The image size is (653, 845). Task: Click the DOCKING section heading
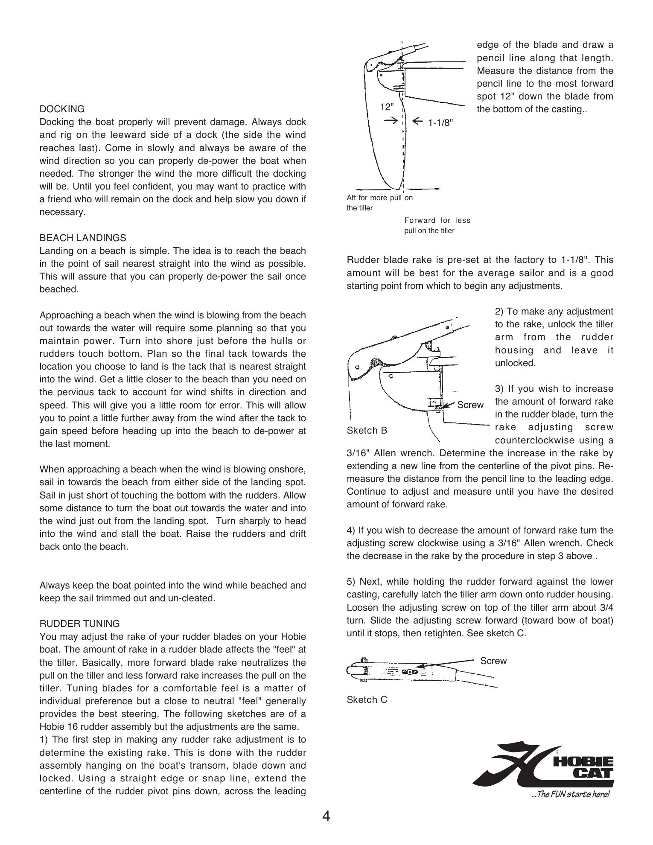click(62, 109)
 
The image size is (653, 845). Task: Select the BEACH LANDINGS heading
click(83, 238)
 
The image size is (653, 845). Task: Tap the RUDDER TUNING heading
click(80, 624)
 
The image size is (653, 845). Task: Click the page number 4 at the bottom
click(326, 816)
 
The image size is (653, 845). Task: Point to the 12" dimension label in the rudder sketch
click(387, 107)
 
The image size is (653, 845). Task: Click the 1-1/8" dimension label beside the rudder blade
click(440, 123)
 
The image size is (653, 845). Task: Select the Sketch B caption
click(367, 430)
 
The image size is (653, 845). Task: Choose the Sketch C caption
click(367, 699)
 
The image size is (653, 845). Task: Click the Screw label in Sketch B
click(470, 405)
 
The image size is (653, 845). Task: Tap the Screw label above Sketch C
click(493, 661)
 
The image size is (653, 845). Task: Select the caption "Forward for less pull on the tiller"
click(437, 225)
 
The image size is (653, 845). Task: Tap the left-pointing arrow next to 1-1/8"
click(418, 121)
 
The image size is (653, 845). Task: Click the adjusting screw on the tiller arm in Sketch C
click(410, 672)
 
